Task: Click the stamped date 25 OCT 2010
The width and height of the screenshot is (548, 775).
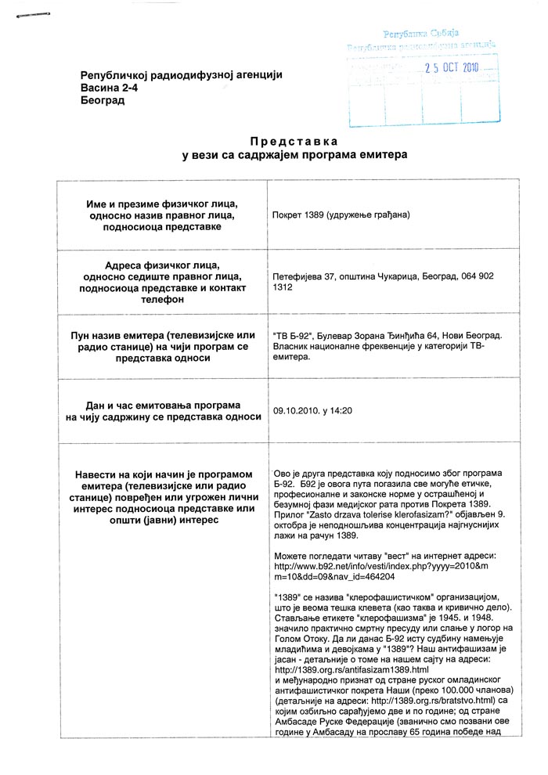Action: tap(451, 67)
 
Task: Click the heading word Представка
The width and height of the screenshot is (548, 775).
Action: tap(294, 141)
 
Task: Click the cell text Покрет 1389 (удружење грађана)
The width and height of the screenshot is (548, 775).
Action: tap(341, 214)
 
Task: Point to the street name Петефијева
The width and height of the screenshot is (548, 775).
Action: tap(300, 276)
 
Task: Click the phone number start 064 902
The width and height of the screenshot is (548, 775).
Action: tap(470, 276)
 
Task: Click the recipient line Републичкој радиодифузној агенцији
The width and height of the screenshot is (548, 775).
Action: tap(181, 74)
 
